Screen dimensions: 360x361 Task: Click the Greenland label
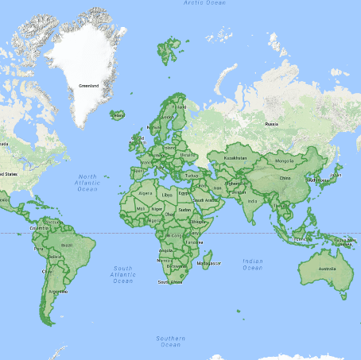88,85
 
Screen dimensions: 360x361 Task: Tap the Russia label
271,123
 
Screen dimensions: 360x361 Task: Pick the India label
252,200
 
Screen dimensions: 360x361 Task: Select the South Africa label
171,281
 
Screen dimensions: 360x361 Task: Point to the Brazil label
67,246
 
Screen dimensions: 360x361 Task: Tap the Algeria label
145,192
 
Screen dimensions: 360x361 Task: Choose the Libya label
166,194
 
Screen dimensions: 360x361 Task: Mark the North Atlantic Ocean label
87,182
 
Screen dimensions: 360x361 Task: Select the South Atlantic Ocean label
122,274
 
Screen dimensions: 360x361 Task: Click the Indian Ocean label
253,264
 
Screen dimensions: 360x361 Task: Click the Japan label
336,176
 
